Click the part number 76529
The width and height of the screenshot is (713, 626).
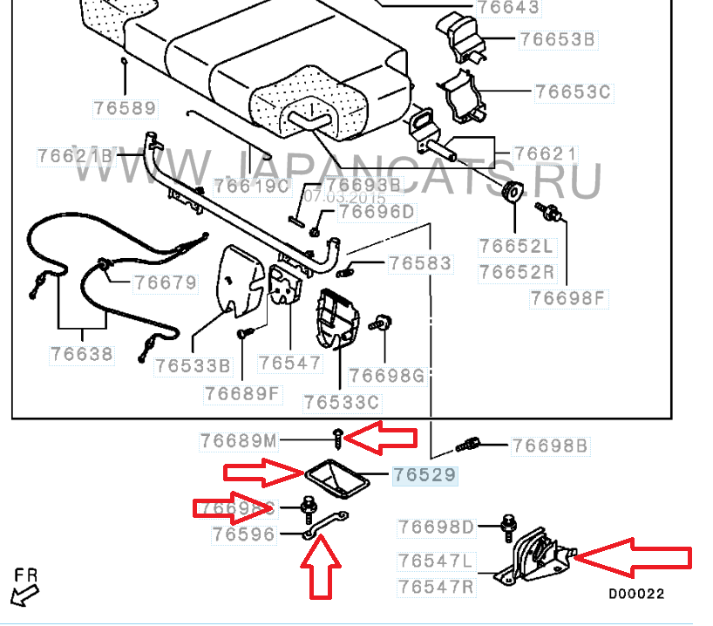[x=424, y=475]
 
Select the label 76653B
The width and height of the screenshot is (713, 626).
[x=557, y=39]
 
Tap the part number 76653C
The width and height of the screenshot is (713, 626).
[x=574, y=92]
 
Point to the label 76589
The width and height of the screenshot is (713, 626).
[x=126, y=109]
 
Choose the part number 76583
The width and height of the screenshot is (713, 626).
[x=419, y=262]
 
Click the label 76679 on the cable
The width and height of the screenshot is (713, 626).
[x=165, y=283]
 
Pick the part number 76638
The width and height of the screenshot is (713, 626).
[x=82, y=354]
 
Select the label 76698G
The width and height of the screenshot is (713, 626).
[x=386, y=376]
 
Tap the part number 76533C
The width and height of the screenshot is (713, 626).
[x=343, y=402]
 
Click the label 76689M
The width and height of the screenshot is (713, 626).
[x=238, y=441]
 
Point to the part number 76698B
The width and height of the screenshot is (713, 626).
[x=550, y=446]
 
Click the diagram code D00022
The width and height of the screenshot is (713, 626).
[x=636, y=594]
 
